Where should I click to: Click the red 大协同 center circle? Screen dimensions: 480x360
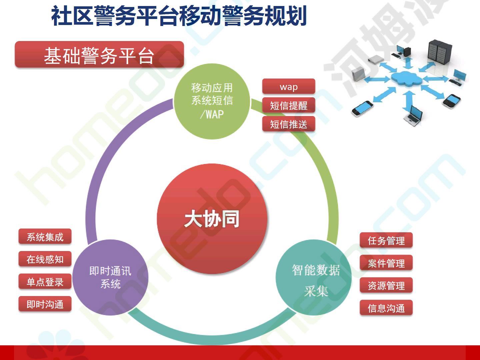click(x=212, y=219)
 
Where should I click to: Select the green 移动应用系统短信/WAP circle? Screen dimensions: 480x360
click(x=212, y=101)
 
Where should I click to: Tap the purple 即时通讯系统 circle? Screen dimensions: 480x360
click(x=110, y=277)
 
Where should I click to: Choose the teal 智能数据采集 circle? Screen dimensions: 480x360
click(x=314, y=277)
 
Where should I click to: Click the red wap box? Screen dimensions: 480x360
click(x=289, y=86)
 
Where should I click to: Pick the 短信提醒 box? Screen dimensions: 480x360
click(x=289, y=105)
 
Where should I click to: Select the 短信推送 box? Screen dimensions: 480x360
click(x=289, y=124)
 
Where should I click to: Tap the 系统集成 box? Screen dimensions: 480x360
click(x=45, y=237)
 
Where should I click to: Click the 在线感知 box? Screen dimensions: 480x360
click(x=45, y=259)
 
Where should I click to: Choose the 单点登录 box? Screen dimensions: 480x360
click(x=45, y=282)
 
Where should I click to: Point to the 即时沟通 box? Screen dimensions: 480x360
click(x=45, y=304)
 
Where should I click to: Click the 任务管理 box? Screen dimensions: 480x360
click(x=386, y=240)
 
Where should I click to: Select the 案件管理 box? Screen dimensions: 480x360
click(x=386, y=263)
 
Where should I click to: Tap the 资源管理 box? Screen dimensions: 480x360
click(x=386, y=285)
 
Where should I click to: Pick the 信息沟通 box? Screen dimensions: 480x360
click(x=386, y=308)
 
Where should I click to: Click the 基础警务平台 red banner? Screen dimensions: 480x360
click(x=99, y=54)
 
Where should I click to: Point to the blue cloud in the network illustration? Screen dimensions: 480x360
click(x=407, y=78)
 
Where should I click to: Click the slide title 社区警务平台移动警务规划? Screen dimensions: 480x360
click(x=179, y=16)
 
